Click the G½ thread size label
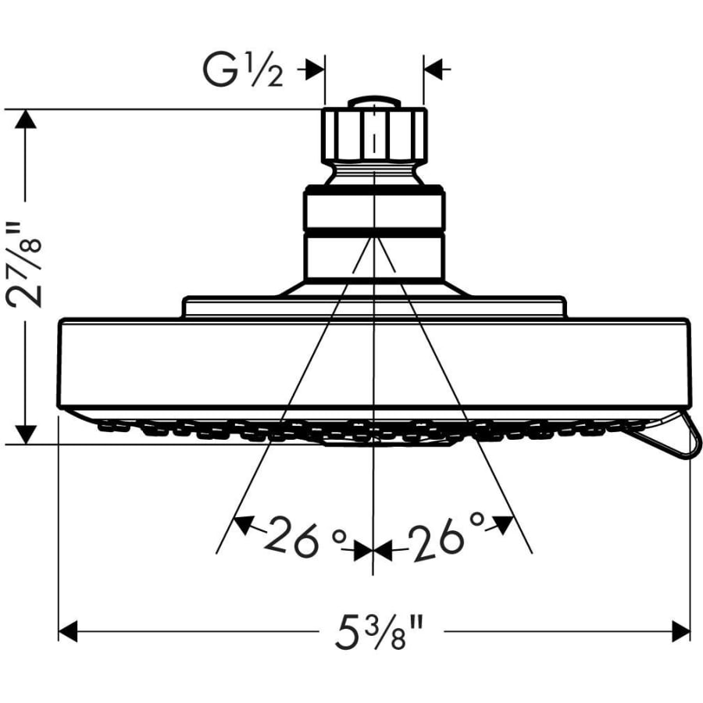point(243,71)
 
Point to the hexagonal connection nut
point(374,134)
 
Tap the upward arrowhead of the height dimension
point(25,119)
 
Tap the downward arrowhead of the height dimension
point(25,434)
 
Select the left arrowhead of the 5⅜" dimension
point(68,631)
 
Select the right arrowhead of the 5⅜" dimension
point(680,631)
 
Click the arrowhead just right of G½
point(316,70)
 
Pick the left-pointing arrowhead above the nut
point(433,70)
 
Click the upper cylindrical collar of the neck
point(374,210)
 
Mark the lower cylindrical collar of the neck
point(374,257)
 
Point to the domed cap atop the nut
point(374,102)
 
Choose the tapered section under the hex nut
point(374,173)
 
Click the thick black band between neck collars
point(374,233)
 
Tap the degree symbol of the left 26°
point(340,536)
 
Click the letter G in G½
point(219,71)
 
